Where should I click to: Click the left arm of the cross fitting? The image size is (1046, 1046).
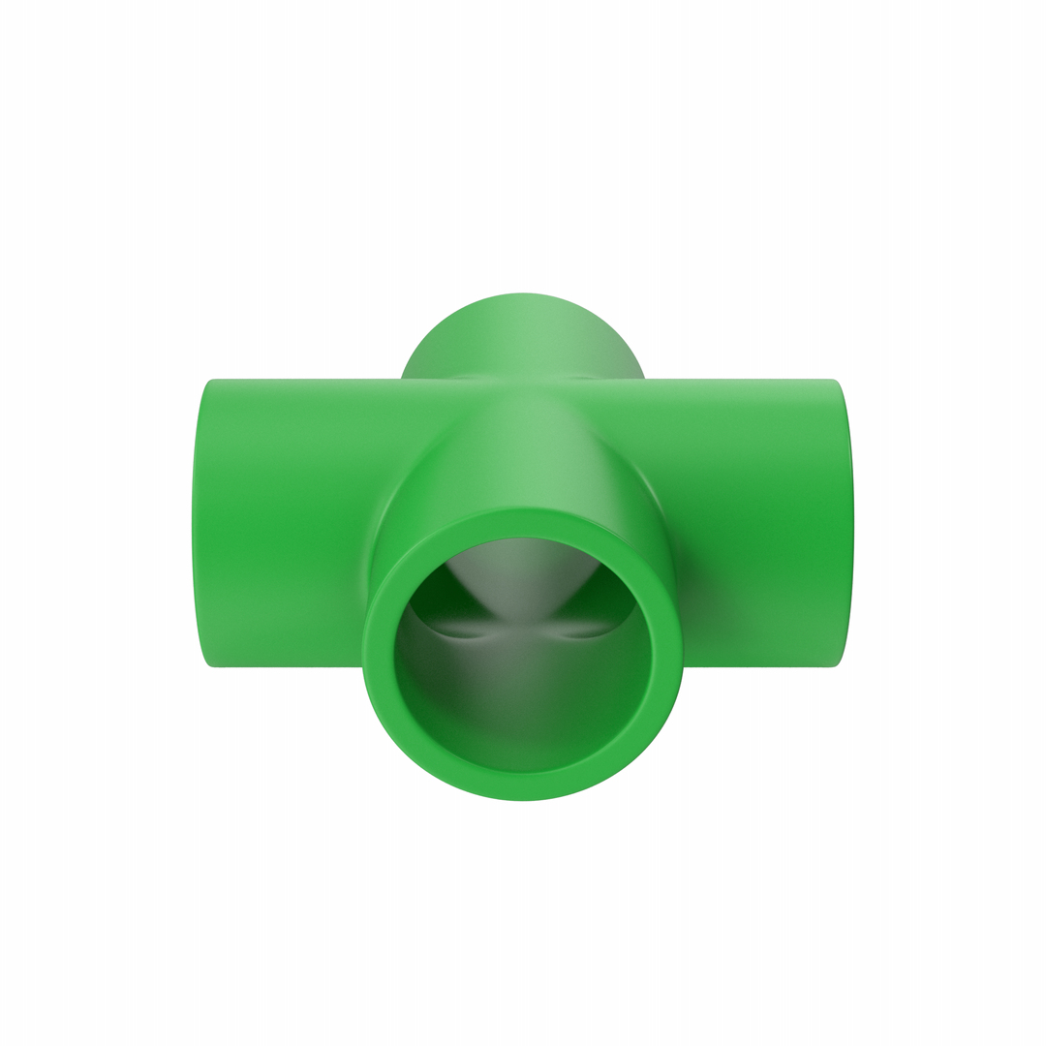[281, 523]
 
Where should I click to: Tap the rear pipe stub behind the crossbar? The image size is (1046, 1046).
[523, 334]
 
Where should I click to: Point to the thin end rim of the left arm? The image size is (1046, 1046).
[200, 523]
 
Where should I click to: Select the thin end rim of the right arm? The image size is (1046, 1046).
[845, 523]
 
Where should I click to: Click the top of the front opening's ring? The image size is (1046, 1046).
[523, 521]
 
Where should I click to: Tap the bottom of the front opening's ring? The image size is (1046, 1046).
[523, 786]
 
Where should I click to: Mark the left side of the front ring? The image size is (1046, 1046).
[378, 655]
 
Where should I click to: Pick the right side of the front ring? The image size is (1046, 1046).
[668, 655]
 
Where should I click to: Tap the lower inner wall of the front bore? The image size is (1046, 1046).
[523, 736]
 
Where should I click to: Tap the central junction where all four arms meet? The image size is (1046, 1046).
[523, 387]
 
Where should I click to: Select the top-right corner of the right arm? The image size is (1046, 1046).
[833, 381]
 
